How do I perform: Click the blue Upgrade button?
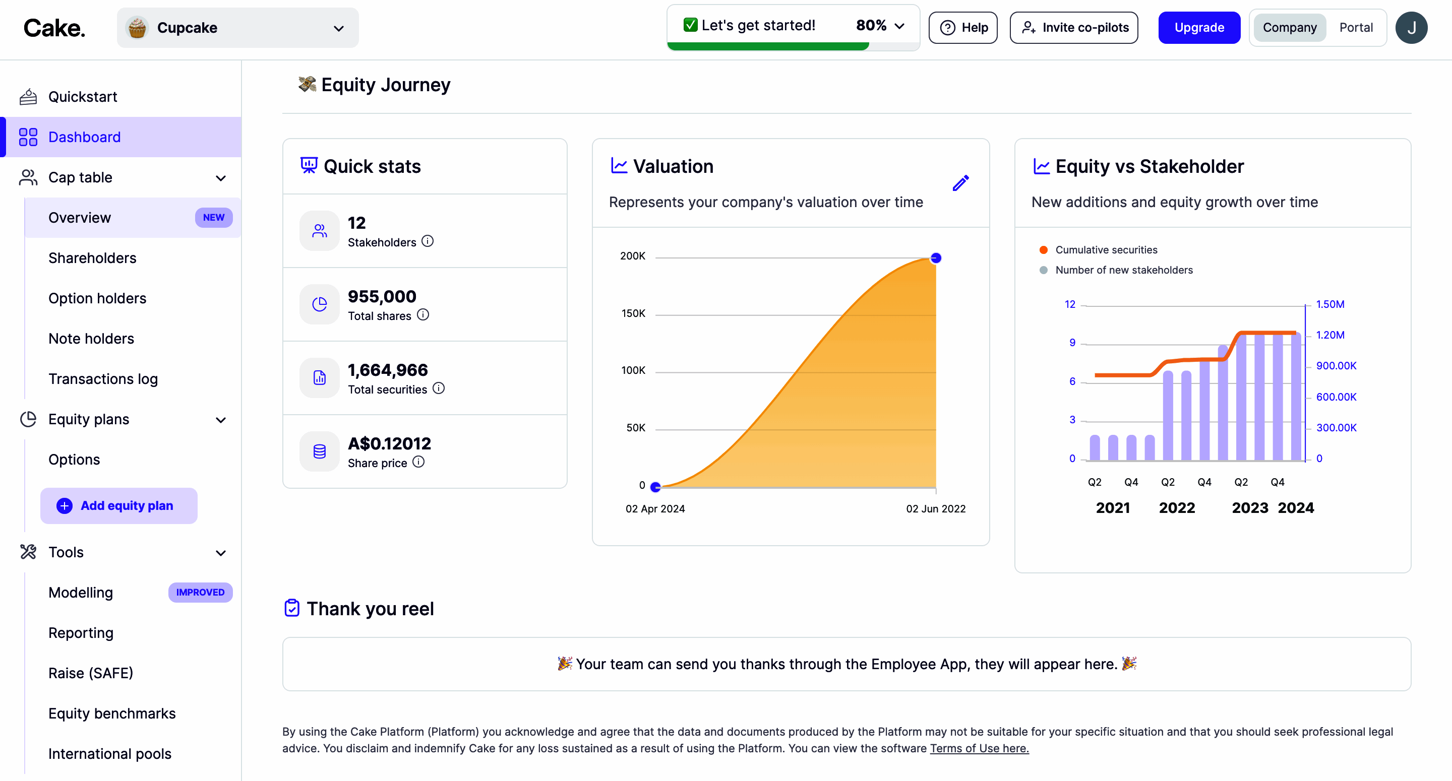coord(1199,28)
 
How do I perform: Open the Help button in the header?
coord(963,28)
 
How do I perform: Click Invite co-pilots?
coord(1074,28)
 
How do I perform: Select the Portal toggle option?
coord(1356,28)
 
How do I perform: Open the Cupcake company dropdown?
coord(237,28)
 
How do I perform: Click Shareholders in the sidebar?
coord(92,258)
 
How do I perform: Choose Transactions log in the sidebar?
coord(103,379)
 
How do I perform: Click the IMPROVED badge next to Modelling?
coord(200,592)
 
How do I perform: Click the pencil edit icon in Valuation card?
coord(960,183)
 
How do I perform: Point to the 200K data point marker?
coord(936,258)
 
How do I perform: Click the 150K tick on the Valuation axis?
coord(633,313)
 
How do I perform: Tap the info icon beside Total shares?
coord(423,315)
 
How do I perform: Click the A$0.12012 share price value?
coord(389,443)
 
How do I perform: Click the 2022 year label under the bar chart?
coord(1176,508)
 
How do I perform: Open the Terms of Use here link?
coord(979,748)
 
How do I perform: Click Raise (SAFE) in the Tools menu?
coord(91,673)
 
